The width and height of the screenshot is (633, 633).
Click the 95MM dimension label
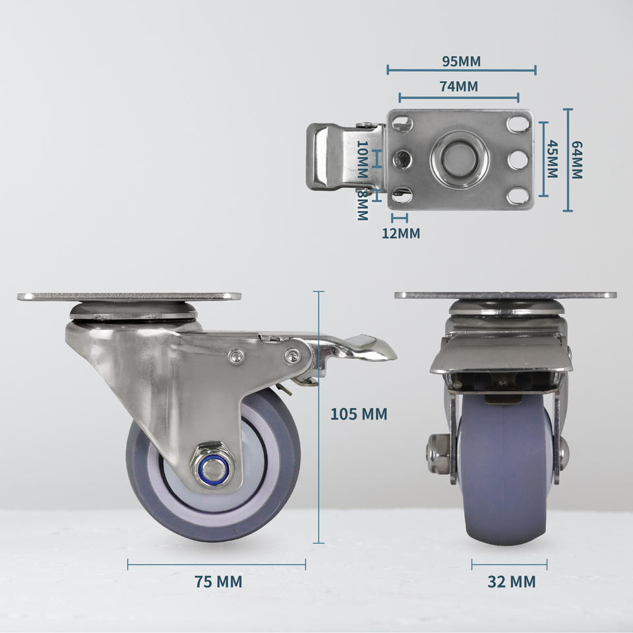coord(461,61)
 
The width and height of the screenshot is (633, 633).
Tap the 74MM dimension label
coord(459,86)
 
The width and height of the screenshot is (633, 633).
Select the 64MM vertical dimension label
coord(577,160)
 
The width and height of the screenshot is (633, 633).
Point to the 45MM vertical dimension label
coord(553,159)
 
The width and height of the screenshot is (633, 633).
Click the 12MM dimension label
coord(401,233)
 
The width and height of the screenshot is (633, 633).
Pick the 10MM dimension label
coord(363,159)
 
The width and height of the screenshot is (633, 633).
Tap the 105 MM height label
coord(359,414)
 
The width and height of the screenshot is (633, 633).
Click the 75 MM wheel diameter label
coord(218,582)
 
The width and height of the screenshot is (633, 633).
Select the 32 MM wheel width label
coord(512,582)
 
